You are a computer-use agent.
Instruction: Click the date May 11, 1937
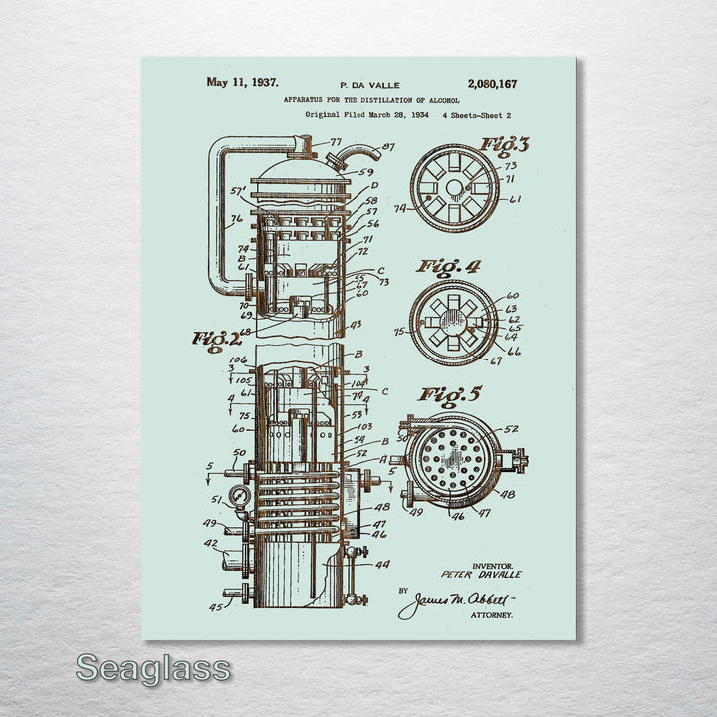point(242,83)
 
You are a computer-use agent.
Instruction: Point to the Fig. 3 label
point(505,144)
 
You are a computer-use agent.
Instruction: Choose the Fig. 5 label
point(448,395)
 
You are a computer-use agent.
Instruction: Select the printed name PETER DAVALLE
point(481,575)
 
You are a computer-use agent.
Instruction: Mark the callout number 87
point(388,147)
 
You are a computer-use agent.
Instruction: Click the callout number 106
point(238,360)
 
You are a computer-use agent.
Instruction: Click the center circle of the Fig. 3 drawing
point(455,187)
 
